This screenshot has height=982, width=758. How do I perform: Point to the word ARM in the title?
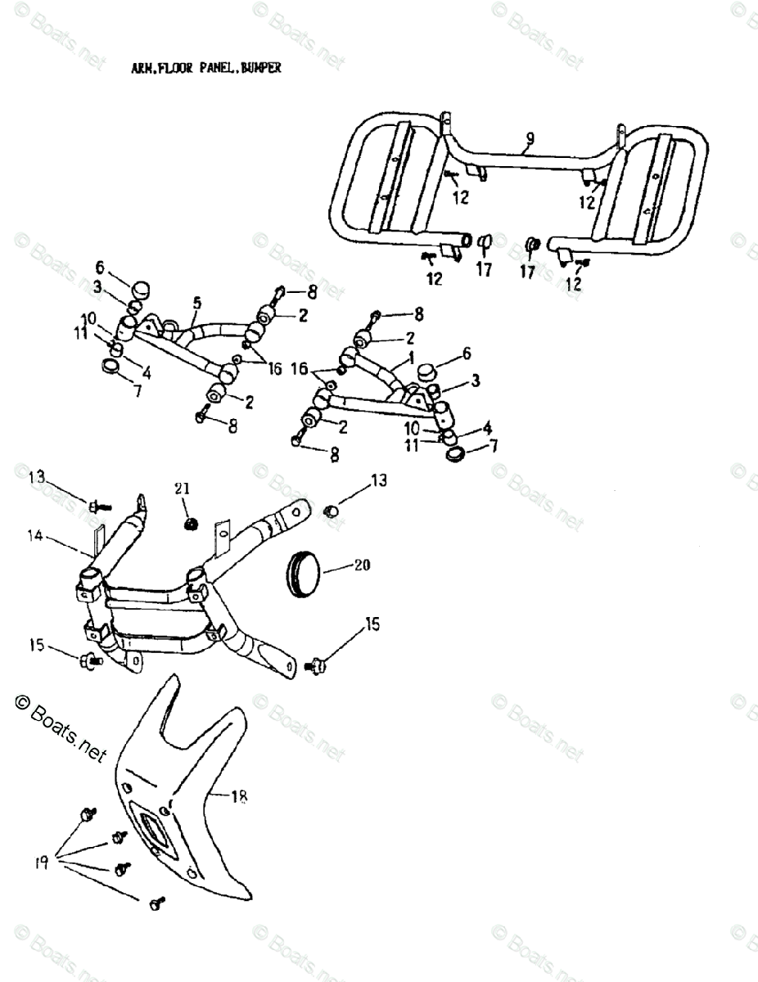pyautogui.click(x=141, y=68)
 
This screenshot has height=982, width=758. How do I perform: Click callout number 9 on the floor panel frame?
pyautogui.click(x=529, y=140)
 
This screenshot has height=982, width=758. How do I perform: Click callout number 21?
pyautogui.click(x=181, y=489)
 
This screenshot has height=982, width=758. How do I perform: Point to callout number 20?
pyautogui.click(x=362, y=565)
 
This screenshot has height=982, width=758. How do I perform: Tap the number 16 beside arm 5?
pyautogui.click(x=273, y=369)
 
